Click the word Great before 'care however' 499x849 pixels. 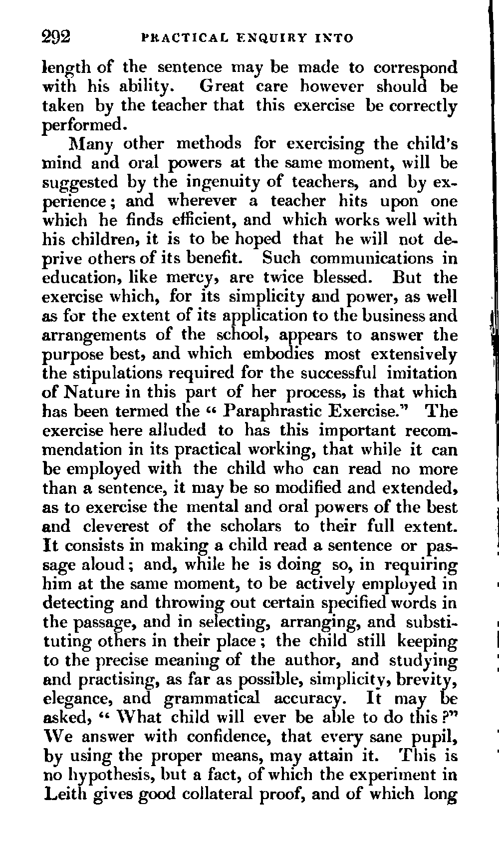(x=222, y=86)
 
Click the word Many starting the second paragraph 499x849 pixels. (x=90, y=144)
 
